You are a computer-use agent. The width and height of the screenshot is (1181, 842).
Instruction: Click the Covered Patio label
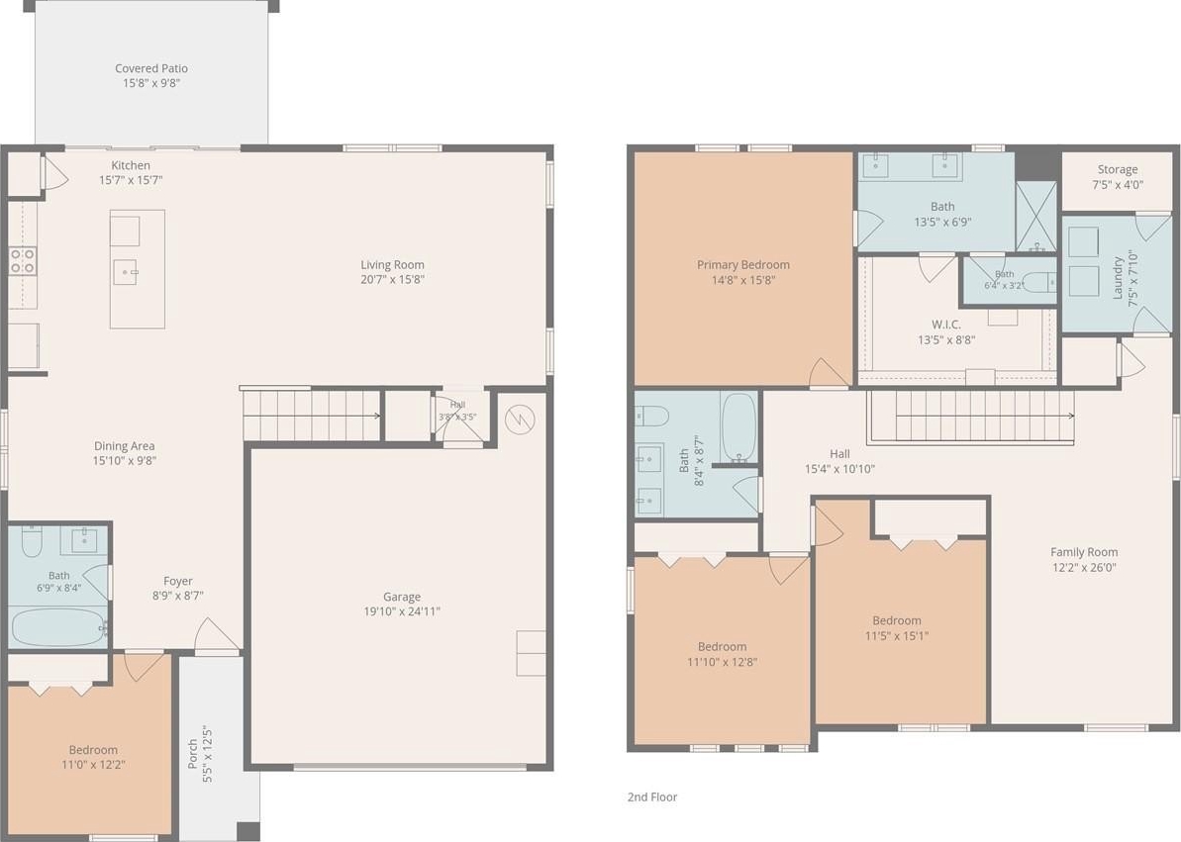pos(151,68)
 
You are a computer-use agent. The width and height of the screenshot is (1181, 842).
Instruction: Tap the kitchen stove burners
pos(23,260)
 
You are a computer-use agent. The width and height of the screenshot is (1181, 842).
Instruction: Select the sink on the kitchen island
pos(125,272)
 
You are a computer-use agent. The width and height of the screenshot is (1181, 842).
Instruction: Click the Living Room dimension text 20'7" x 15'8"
pos(392,279)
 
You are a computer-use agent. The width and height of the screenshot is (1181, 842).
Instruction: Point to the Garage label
pos(402,597)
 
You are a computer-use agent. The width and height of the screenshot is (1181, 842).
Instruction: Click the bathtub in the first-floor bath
pos(58,626)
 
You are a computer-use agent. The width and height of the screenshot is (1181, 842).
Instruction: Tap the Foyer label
pos(178,581)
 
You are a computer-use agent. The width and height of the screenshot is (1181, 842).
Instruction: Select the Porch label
pos(193,754)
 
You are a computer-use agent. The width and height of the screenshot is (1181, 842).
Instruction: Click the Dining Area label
pos(125,446)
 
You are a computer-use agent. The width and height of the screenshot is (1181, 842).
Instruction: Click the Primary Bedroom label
pos(743,264)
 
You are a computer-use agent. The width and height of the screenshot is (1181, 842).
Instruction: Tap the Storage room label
pos(1117,169)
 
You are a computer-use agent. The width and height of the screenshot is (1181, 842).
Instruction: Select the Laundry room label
pos(1118,277)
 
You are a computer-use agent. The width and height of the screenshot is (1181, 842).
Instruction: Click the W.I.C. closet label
pos(946,325)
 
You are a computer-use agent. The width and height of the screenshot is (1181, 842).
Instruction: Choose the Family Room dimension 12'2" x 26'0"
pos(1084,567)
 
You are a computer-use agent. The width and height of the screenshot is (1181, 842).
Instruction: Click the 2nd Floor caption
pos(652,796)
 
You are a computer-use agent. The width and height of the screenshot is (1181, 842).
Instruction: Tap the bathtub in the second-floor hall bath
pos(738,427)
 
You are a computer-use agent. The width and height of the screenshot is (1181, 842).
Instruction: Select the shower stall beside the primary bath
pos(1036,216)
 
